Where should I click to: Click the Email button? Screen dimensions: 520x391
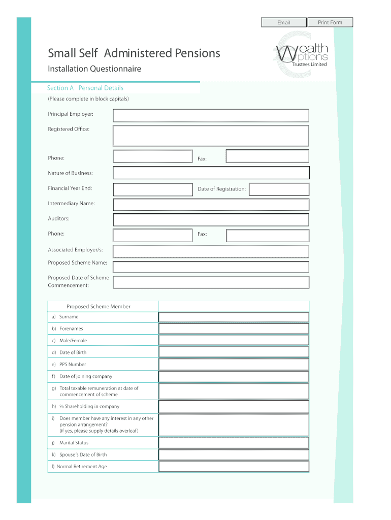tap(283, 22)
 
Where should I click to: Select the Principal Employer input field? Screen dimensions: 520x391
tap(211, 116)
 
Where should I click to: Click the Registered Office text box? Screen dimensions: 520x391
tap(211, 136)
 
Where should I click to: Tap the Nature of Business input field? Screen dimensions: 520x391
tap(211, 173)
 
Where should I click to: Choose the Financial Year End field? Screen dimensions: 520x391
tap(153, 189)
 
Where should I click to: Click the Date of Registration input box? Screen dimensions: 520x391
tap(279, 189)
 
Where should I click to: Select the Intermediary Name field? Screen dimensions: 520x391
tap(211, 205)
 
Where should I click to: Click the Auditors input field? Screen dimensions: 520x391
tap(211, 220)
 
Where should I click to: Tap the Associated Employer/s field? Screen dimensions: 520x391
tap(211, 251)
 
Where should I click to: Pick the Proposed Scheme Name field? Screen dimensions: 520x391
tap(211, 267)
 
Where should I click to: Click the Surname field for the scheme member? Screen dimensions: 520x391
tap(234, 317)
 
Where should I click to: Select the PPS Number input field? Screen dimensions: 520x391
tap(234, 365)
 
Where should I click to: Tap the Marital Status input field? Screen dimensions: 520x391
tap(234, 443)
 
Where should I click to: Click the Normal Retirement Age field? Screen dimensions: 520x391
tap(234, 466)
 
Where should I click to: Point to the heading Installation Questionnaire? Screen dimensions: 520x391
tap(94, 69)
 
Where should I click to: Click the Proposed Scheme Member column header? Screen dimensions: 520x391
tap(99, 306)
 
